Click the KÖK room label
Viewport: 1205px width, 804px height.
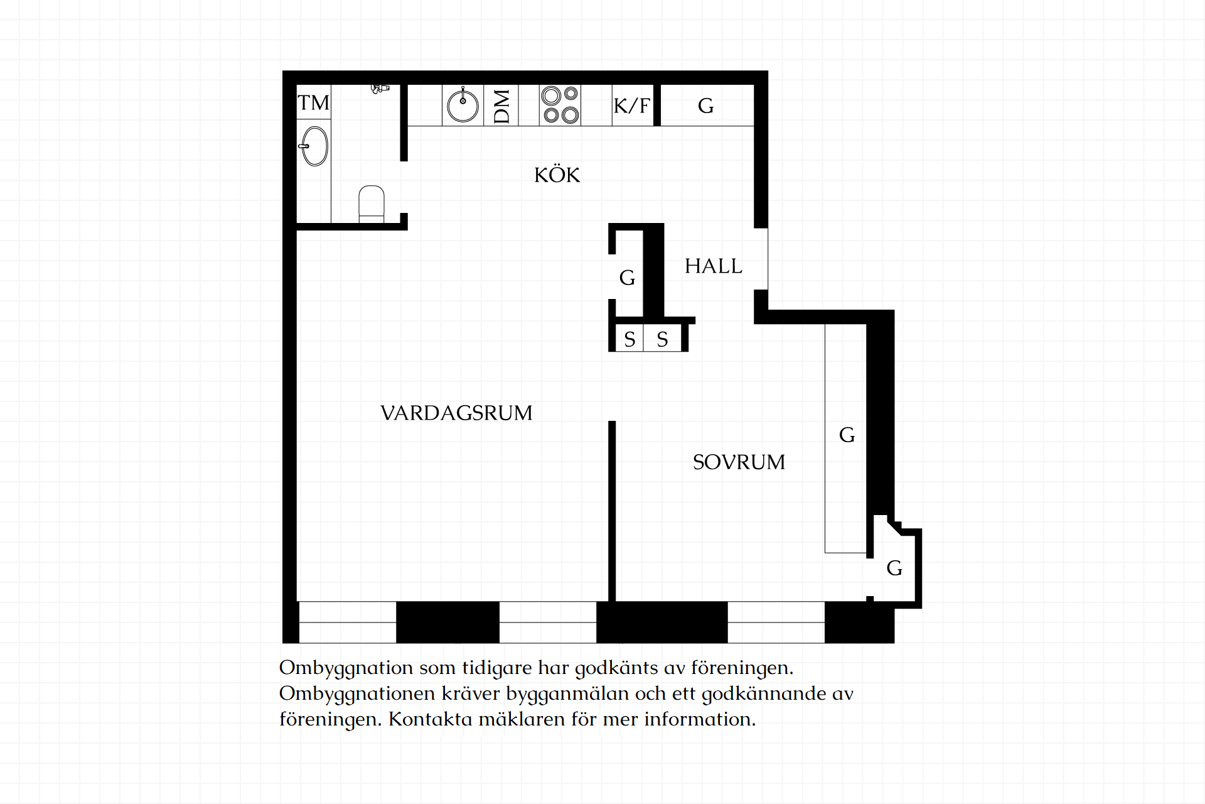click(x=557, y=175)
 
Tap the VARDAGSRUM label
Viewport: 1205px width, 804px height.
click(x=456, y=413)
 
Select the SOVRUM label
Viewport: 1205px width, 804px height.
click(x=739, y=462)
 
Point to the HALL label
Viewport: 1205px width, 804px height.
click(x=713, y=266)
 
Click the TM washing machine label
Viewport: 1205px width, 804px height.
click(x=313, y=102)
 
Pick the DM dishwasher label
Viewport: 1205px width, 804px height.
click(x=501, y=106)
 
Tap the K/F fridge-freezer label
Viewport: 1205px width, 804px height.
click(x=632, y=106)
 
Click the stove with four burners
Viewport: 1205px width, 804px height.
click(x=560, y=105)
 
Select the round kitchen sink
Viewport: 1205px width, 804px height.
click(x=463, y=105)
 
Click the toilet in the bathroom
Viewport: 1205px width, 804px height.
click(x=372, y=204)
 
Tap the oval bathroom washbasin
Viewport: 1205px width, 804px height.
click(x=314, y=146)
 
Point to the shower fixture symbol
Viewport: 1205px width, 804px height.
click(x=379, y=89)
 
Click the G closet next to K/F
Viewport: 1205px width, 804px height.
click(x=706, y=106)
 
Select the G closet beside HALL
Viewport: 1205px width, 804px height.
click(x=627, y=277)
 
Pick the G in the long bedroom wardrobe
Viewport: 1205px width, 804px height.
click(x=847, y=435)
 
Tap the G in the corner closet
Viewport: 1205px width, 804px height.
click(x=894, y=568)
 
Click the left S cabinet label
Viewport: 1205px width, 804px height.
click(x=629, y=339)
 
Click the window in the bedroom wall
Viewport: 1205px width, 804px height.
click(x=776, y=622)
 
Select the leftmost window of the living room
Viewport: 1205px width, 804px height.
click(x=348, y=622)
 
